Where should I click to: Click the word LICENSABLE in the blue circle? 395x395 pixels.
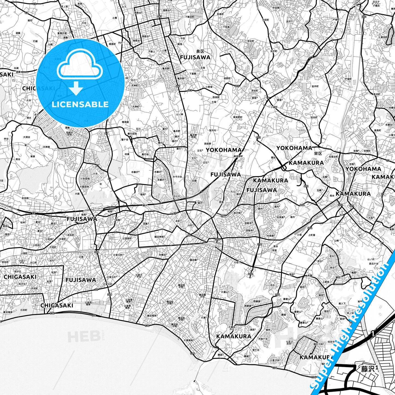(x=80, y=104)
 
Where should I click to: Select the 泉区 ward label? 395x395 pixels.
(x=200, y=51)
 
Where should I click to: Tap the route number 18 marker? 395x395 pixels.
(x=268, y=98)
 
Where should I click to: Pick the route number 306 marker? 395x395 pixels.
(x=218, y=239)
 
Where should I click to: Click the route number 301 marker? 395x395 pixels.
(x=352, y=206)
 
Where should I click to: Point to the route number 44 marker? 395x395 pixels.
(x=50, y=216)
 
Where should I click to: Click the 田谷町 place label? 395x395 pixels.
(x=314, y=117)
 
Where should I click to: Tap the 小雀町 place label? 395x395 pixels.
(x=274, y=107)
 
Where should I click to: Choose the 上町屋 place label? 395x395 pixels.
(x=312, y=235)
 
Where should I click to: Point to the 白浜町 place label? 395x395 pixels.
(x=24, y=310)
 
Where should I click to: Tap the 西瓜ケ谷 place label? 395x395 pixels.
(x=374, y=264)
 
